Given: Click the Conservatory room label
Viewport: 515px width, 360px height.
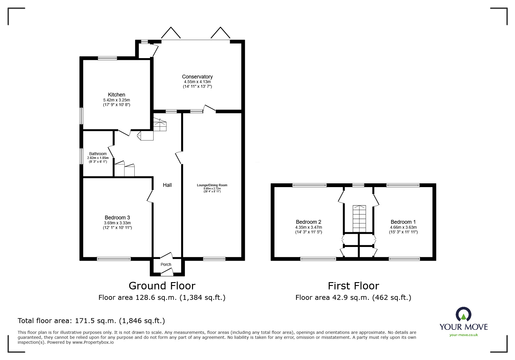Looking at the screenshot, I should coord(197,77).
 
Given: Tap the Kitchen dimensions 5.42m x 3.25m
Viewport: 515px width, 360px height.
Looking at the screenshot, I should coord(116,100).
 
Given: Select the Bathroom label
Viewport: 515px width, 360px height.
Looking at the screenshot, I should coord(98,154).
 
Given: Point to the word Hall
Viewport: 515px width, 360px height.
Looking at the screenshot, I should coord(167,185).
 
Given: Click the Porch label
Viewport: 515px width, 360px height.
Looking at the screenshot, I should coord(166,264).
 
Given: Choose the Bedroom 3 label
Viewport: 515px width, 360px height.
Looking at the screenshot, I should coord(117,218).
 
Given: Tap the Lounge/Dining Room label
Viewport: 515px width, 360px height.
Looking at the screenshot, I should coord(212,185).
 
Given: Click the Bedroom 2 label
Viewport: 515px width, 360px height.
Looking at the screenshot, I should coord(309,222).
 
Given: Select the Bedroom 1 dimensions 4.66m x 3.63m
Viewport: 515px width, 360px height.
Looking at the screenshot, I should coord(403,228).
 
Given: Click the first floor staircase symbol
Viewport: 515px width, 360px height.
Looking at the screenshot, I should coord(359,218).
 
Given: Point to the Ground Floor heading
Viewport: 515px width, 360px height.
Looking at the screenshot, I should coord(162,286).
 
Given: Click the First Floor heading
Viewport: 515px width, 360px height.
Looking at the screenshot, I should coord(353,286).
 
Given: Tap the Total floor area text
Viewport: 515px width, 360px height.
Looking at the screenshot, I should coord(91,321).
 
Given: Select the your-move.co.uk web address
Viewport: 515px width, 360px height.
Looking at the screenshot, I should coord(464,335).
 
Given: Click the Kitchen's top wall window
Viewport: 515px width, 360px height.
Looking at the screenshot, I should coord(107,58).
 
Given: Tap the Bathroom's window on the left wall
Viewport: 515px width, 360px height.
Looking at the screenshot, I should coord(82,156).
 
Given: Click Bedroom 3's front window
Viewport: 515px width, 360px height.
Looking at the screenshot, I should coord(114,259).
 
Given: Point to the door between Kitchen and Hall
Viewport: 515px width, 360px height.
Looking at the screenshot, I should coord(124,132).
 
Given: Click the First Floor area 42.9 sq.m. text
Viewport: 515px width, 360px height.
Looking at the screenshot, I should coord(353,298).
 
